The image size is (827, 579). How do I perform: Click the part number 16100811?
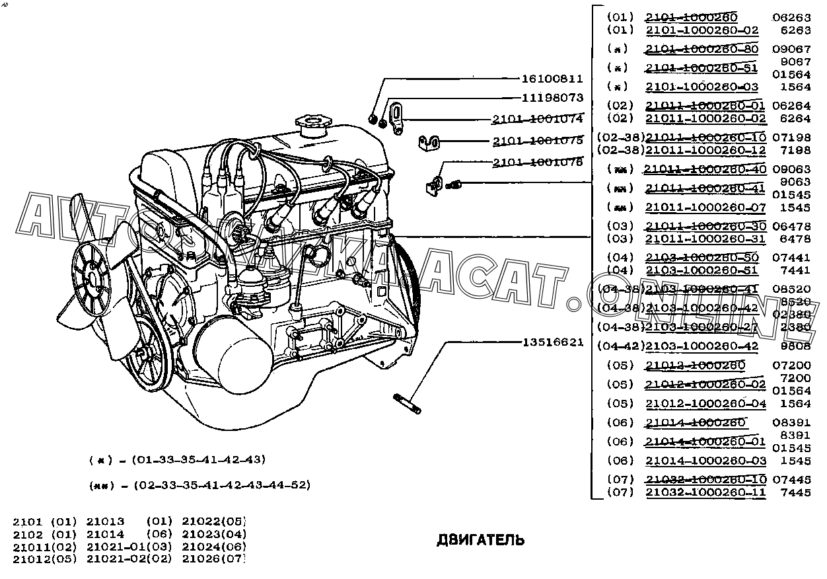click(x=552, y=79)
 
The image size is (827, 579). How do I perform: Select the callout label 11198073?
click(x=552, y=98)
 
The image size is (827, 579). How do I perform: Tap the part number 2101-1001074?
click(x=537, y=120)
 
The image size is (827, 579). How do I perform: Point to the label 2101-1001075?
click(x=537, y=141)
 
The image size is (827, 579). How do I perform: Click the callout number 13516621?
click(x=553, y=342)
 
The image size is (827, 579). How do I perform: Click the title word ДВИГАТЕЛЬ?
click(x=480, y=540)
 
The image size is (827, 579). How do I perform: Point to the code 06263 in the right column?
click(x=791, y=18)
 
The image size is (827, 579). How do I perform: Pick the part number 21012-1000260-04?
click(x=705, y=404)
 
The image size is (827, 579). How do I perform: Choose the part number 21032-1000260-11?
click(x=705, y=492)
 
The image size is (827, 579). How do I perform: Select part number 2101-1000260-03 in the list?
click(x=701, y=87)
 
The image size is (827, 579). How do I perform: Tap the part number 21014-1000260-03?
click(x=705, y=461)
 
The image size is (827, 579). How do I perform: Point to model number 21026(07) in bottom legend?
click(x=213, y=559)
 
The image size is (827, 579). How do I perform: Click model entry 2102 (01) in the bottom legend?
click(x=45, y=534)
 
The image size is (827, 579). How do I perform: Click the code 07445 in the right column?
click(x=791, y=479)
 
